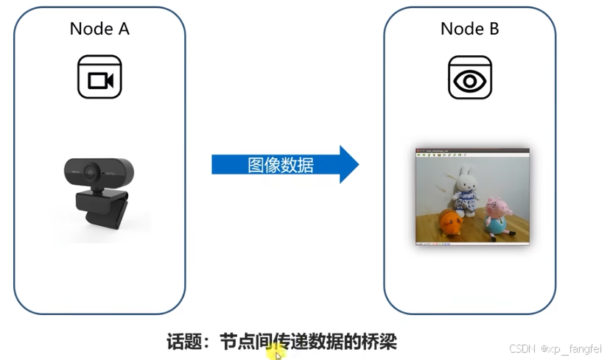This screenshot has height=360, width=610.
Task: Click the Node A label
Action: pyautogui.click(x=99, y=29)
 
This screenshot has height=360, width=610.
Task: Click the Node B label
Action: pyautogui.click(x=469, y=29)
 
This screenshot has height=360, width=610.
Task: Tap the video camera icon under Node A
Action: pyautogui.click(x=99, y=77)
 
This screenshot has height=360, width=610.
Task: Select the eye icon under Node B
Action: pyautogui.click(x=469, y=77)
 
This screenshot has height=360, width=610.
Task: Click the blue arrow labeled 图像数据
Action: pyautogui.click(x=280, y=164)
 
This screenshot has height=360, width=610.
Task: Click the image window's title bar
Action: pyautogui.click(x=471, y=149)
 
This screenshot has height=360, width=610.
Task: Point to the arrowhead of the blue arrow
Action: pyautogui.click(x=347, y=164)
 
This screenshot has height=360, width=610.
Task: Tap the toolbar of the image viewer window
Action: pyautogui.click(x=442, y=155)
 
